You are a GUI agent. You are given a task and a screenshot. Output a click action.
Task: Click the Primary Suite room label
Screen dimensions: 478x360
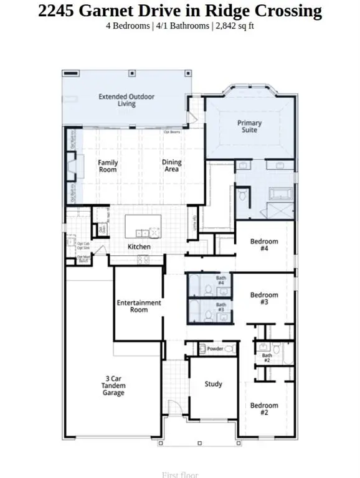[250, 126]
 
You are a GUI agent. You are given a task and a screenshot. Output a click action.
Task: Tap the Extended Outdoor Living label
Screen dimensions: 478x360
[126, 100]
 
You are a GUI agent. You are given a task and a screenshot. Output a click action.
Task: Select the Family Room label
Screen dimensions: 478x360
[108, 166]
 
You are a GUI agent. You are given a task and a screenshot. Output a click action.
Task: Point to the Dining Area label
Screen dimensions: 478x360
[172, 166]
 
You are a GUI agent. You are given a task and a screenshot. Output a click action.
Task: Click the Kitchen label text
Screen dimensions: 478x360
[139, 247]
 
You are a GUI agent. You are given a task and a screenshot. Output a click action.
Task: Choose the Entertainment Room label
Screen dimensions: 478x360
[139, 306]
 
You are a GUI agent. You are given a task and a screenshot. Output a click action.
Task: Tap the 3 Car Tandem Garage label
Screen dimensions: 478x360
[114, 385]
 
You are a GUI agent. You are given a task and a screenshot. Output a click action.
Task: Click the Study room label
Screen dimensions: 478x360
[213, 384]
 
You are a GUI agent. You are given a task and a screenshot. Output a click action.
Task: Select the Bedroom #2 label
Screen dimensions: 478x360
[263, 409]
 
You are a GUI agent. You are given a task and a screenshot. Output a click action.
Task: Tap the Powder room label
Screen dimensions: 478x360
[215, 349]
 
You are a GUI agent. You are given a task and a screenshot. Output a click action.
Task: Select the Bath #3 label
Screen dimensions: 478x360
[220, 307]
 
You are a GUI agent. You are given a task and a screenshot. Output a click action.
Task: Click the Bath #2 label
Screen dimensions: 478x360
[266, 358]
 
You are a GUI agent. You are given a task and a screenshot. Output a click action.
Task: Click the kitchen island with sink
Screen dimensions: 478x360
[143, 226]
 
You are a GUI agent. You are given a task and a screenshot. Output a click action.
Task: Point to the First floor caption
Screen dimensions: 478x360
[180, 475]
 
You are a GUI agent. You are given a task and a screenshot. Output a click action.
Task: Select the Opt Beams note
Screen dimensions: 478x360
[172, 132]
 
